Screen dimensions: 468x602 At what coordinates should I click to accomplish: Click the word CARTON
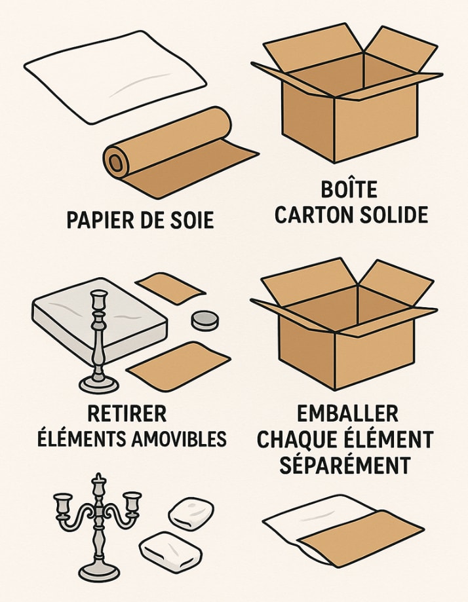[313, 215]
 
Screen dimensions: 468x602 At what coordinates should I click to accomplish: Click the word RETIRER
[127, 414]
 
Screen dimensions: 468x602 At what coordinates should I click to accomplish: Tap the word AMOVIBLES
[179, 439]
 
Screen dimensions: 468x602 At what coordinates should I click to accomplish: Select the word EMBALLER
[348, 414]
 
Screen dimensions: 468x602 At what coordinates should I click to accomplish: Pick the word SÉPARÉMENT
[345, 465]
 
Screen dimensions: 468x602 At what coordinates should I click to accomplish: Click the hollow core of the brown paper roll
[115, 164]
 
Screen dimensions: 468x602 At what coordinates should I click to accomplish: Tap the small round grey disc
[205, 320]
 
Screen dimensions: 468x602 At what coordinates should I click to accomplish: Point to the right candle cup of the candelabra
[132, 501]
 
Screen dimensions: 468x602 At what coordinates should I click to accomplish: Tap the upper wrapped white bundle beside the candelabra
[191, 514]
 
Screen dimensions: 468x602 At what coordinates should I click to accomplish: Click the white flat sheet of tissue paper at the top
[115, 77]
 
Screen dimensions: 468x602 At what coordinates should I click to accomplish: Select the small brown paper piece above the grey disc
[170, 288]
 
